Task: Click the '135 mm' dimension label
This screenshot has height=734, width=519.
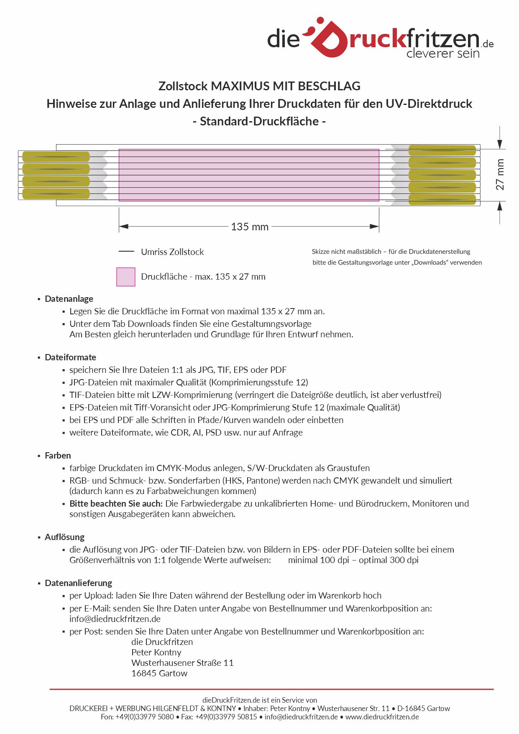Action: pyautogui.click(x=250, y=227)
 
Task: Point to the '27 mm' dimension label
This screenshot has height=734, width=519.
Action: pyautogui.click(x=500, y=175)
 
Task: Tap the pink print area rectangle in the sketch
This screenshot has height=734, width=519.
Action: pyautogui.click(x=249, y=175)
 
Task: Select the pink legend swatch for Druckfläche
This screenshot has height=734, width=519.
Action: pyautogui.click(x=125, y=277)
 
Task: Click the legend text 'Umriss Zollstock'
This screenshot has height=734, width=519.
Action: pyautogui.click(x=172, y=252)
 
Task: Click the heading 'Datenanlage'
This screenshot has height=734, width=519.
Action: pyautogui.click(x=69, y=299)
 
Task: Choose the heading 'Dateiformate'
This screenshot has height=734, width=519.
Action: pyautogui.click(x=70, y=357)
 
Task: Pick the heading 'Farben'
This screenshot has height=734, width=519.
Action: pyautogui.click(x=58, y=456)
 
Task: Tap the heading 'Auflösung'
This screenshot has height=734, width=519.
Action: pyautogui.click(x=64, y=537)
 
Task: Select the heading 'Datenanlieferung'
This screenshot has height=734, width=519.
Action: pyautogui.click(x=78, y=583)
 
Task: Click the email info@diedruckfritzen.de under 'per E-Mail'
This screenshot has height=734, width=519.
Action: pyautogui.click(x=115, y=619)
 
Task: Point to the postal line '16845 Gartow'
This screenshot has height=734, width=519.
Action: pyautogui.click(x=159, y=673)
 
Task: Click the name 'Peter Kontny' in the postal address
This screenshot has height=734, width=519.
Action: pyautogui.click(x=156, y=652)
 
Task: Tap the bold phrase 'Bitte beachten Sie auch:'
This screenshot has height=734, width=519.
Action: pyautogui.click(x=116, y=504)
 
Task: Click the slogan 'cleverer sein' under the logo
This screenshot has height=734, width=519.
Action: pyautogui.click(x=443, y=54)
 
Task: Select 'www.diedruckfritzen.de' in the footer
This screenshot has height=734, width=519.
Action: pyautogui.click(x=382, y=717)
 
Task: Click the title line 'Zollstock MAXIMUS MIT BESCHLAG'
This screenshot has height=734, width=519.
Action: pyautogui.click(x=259, y=86)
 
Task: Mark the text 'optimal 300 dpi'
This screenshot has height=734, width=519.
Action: pyautogui.click(x=389, y=560)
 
